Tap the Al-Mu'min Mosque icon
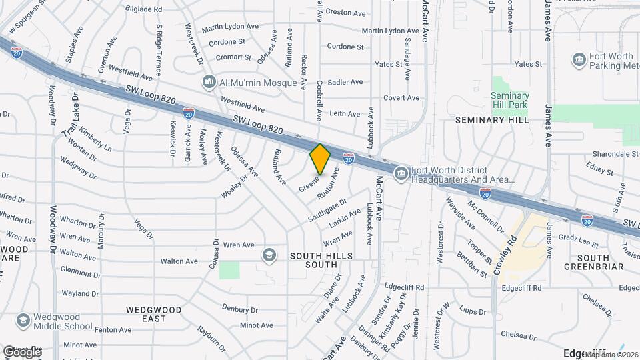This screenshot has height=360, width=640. (x=209, y=81)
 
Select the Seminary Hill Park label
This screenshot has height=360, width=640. (x=510, y=101)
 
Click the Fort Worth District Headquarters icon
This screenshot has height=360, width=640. (x=401, y=175)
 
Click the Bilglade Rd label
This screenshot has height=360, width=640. (x=144, y=9)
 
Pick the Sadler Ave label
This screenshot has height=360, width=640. (x=345, y=82)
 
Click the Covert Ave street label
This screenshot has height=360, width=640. (x=401, y=98)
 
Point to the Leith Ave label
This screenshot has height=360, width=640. (x=345, y=113)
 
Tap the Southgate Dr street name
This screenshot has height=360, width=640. (x=327, y=210)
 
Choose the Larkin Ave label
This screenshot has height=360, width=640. (x=344, y=217)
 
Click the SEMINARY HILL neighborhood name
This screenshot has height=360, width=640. (x=492, y=120)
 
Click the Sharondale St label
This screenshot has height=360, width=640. (x=611, y=153)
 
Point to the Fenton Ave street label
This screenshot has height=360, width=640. (x=113, y=330)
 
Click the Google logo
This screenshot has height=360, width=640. (x=22, y=351)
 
